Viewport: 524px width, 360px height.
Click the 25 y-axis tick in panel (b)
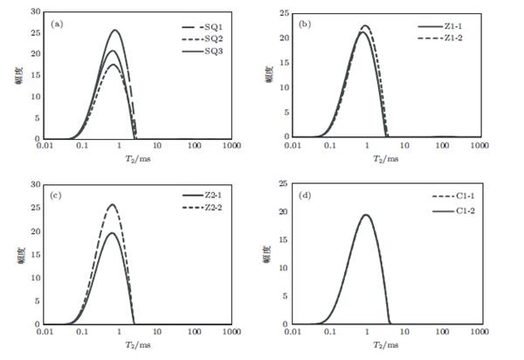[x=285, y=14]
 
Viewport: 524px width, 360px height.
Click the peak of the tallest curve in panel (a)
[x=114, y=31]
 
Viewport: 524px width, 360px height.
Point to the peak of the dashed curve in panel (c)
[x=112, y=205]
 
